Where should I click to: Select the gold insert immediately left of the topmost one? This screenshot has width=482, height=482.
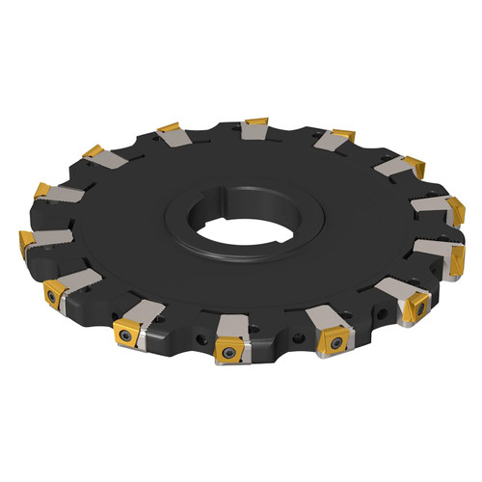(x=168, y=127)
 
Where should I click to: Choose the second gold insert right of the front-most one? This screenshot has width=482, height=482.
(x=420, y=308)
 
